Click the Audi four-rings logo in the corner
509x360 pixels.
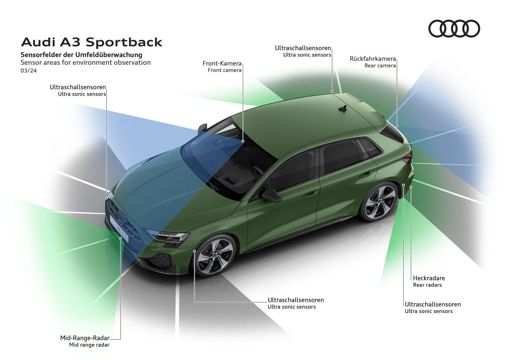[x=454, y=29]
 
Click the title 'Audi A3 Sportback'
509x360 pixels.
[x=92, y=42]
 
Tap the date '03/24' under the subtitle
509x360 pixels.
[x=29, y=71]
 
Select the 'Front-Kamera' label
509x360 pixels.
[x=222, y=63]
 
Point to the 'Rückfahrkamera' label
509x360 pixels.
[x=373, y=59]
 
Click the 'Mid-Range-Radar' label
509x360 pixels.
[x=85, y=338]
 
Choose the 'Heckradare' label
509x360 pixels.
[x=429, y=278]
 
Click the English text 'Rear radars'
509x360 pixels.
[x=427, y=285]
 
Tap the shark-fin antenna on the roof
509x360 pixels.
[x=342, y=108]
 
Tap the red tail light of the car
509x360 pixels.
[x=408, y=157]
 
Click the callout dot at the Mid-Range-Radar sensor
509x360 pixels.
[x=120, y=238]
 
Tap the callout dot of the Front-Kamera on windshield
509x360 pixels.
[x=243, y=141]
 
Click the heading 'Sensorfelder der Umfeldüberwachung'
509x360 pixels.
[x=81, y=55]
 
